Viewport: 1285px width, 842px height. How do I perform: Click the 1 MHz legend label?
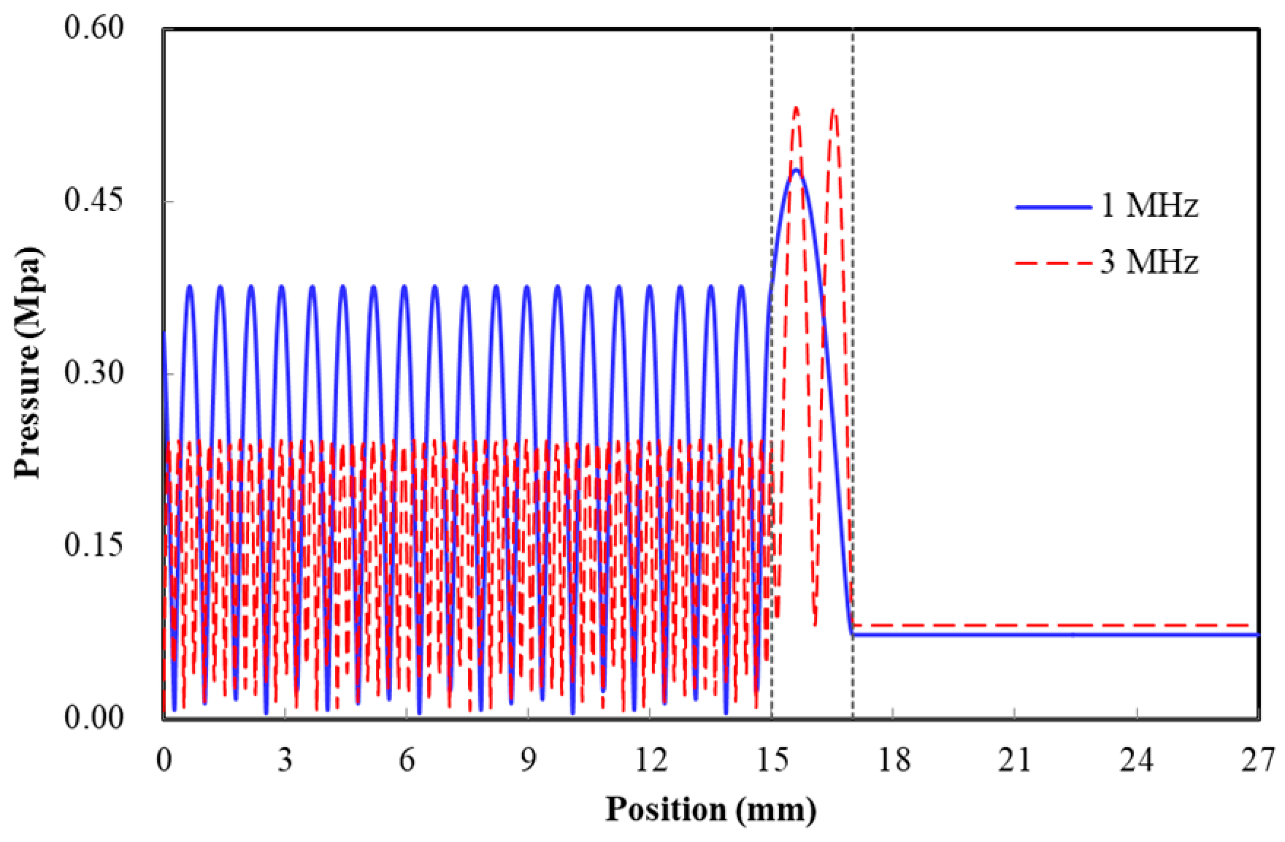point(1149,206)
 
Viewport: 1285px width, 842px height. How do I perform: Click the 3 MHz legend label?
point(1149,262)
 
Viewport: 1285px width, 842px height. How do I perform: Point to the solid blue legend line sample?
point(1054,207)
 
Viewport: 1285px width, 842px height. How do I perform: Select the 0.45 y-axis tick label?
point(94,201)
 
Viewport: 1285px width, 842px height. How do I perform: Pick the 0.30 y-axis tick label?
point(94,373)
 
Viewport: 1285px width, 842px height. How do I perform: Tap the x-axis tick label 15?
point(772,761)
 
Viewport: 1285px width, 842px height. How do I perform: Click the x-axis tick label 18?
point(894,761)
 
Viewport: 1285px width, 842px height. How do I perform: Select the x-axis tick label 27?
point(1257,761)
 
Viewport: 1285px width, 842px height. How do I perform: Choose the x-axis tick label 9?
point(528,761)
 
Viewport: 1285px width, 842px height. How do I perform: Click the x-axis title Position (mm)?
point(710,810)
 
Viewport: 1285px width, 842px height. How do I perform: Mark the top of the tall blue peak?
point(796,170)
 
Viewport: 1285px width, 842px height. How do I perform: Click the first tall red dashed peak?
point(796,109)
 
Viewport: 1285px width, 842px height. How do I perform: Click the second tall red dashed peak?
point(833,110)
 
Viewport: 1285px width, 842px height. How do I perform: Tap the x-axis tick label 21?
point(1015,761)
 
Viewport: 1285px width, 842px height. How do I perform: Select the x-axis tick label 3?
point(285,761)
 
